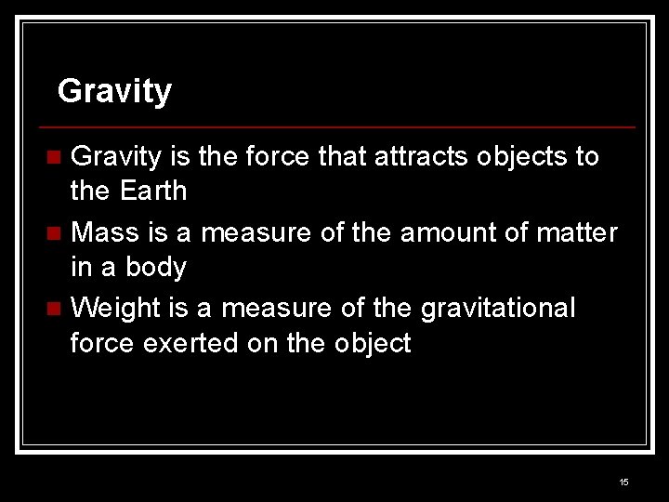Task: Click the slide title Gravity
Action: pyautogui.click(x=114, y=92)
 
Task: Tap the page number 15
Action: pyautogui.click(x=623, y=482)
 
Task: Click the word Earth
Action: pyautogui.click(x=153, y=192)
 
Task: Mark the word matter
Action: pyautogui.click(x=577, y=231)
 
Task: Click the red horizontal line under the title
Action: pyautogui.click(x=339, y=126)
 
